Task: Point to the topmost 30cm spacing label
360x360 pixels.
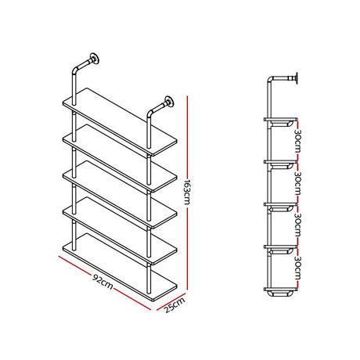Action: tap(297, 142)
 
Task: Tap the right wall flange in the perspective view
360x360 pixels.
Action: tap(167, 101)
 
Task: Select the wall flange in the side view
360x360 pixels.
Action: tap(301, 77)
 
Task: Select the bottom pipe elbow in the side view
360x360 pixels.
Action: tap(271, 293)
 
